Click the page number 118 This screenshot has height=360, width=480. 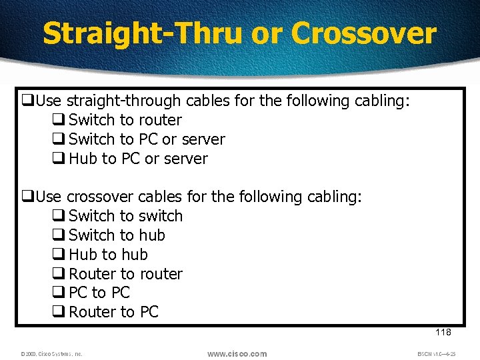coord(443,333)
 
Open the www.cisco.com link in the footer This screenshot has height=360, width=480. coord(237,354)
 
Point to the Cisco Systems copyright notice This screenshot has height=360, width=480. coord(51,354)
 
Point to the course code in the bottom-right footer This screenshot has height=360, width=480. coord(437,354)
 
